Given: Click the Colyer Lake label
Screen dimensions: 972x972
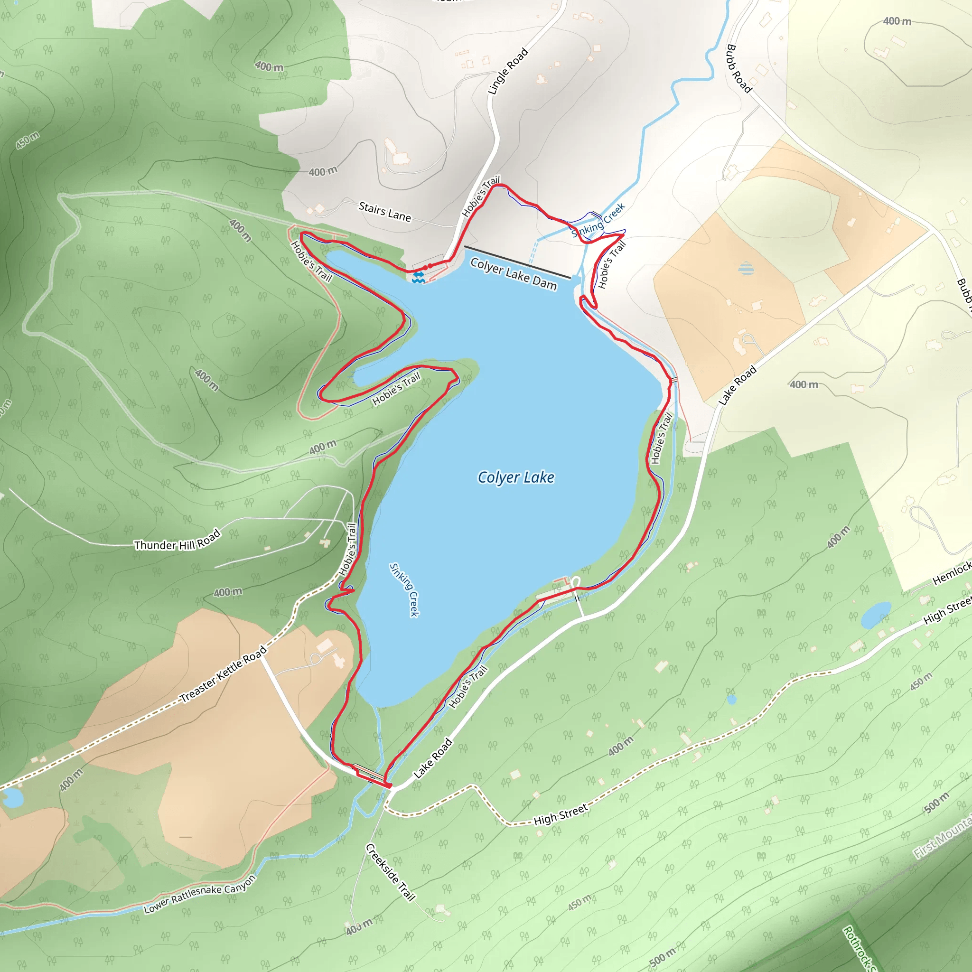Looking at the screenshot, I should click(516, 477).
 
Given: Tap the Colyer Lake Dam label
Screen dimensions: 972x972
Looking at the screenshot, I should click(513, 274).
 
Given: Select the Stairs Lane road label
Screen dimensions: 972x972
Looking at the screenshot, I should click(385, 211).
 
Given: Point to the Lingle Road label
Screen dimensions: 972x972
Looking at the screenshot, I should click(508, 72).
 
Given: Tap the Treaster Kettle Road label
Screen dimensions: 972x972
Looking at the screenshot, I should click(224, 674).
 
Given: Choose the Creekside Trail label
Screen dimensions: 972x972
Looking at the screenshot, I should click(391, 872).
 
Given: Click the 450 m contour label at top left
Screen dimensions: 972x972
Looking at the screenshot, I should click(28, 140).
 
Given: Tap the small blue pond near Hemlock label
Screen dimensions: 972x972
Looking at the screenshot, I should click(876, 615).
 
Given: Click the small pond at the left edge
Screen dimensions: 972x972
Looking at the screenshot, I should click(12, 797).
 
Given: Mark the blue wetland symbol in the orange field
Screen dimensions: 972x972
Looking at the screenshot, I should click(747, 268).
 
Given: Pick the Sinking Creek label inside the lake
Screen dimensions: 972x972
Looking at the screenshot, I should click(404, 589).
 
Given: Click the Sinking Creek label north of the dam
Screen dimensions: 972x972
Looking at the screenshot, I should click(598, 220).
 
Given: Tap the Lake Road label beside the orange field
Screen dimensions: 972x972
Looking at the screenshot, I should click(738, 385).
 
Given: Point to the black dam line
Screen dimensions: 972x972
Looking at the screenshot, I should click(518, 262).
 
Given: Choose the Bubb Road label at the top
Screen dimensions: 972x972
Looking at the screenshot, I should click(738, 68).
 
